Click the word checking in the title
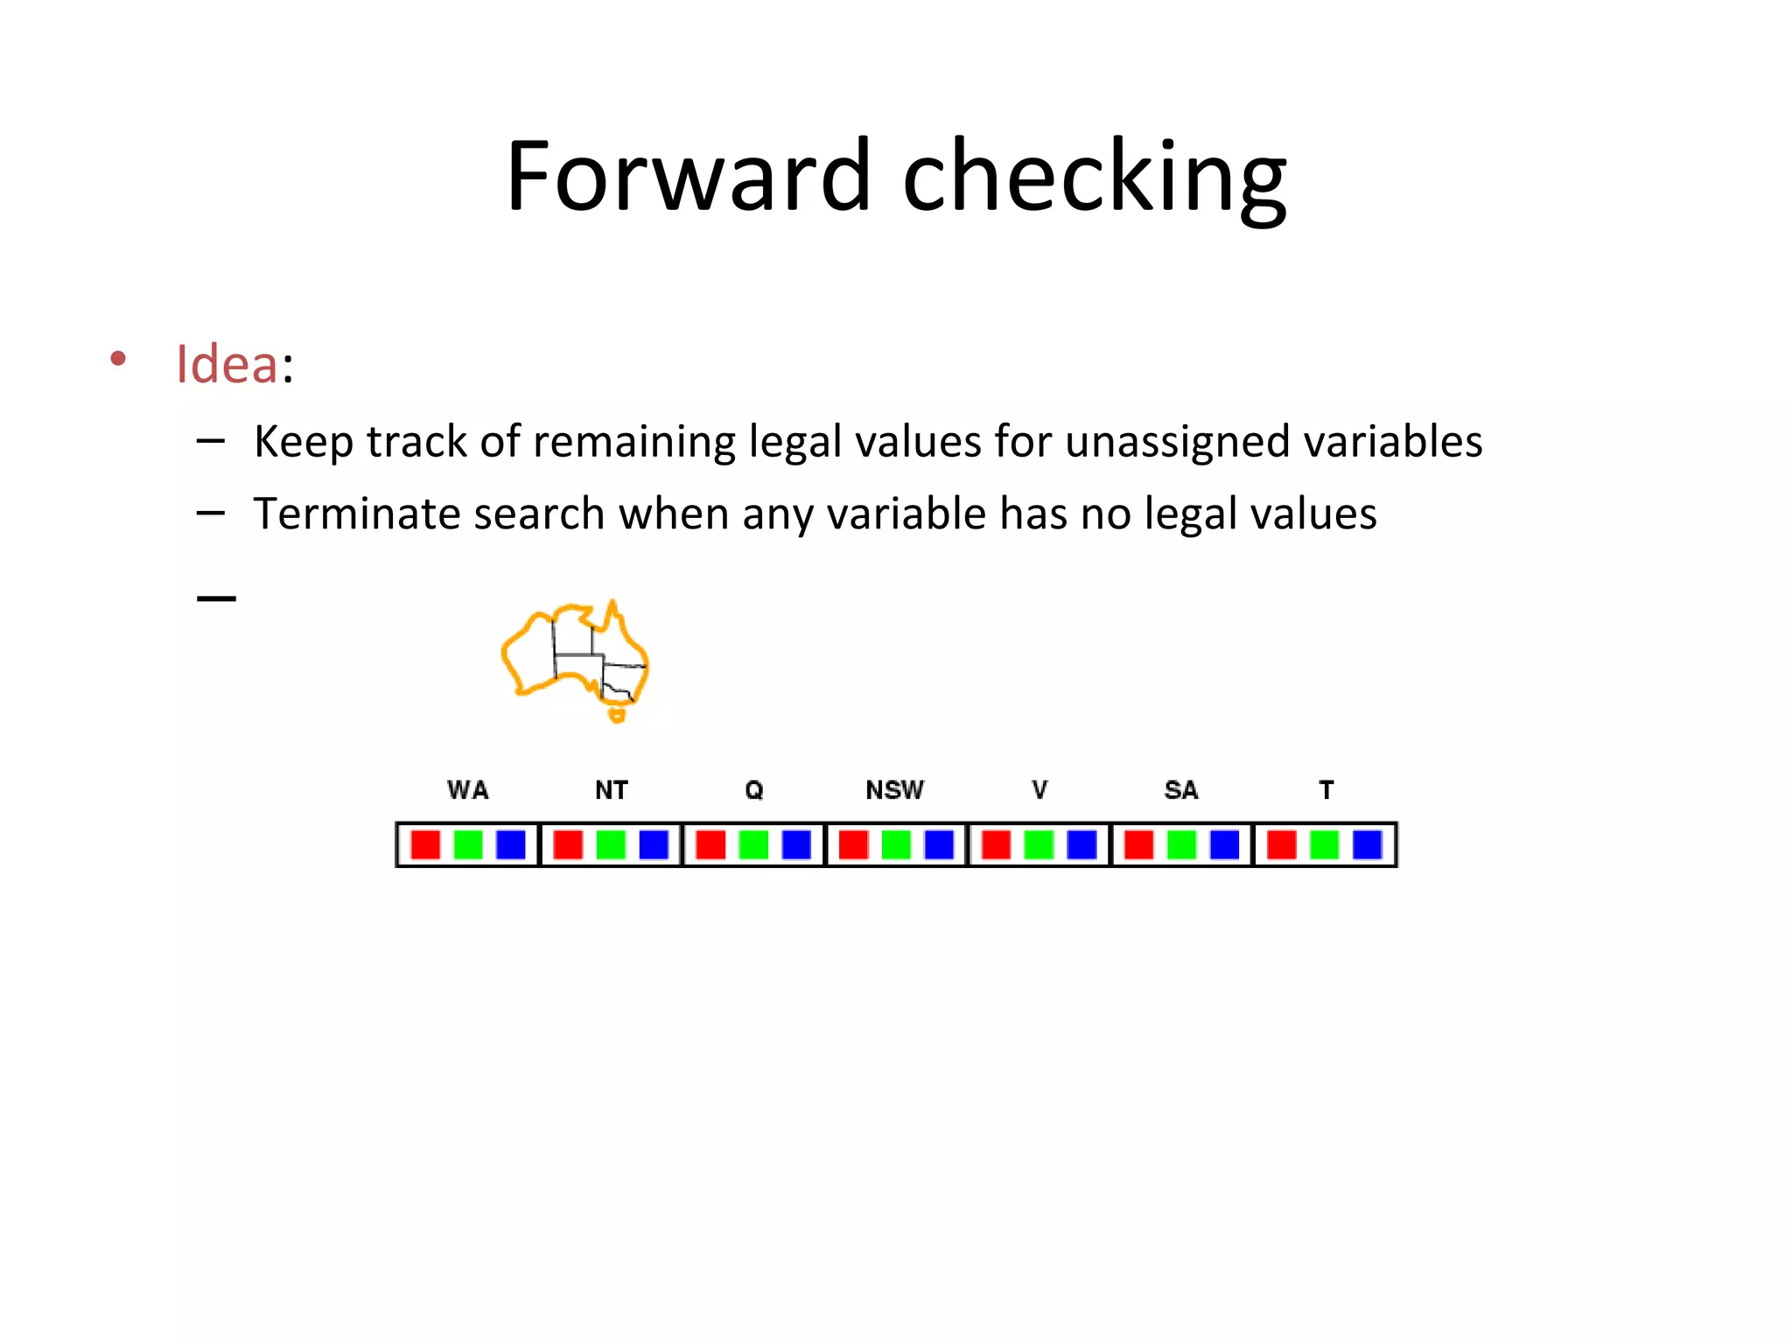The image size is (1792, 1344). [1094, 179]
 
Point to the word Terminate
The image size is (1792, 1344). [355, 514]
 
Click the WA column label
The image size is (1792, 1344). [468, 790]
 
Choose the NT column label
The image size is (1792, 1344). [611, 790]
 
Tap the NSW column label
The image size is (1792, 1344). [894, 790]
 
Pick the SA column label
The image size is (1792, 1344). [1180, 790]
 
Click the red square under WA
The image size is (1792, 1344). [425, 845]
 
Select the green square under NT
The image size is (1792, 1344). [611, 845]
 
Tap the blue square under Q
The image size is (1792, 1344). [796, 845]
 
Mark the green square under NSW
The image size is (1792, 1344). [896, 845]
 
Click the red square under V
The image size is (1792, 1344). [996, 845]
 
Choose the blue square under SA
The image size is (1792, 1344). [1224, 845]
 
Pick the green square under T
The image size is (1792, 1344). [1324, 845]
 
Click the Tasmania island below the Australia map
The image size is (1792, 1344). [618, 716]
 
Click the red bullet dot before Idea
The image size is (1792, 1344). [118, 359]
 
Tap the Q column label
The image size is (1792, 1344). [753, 790]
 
